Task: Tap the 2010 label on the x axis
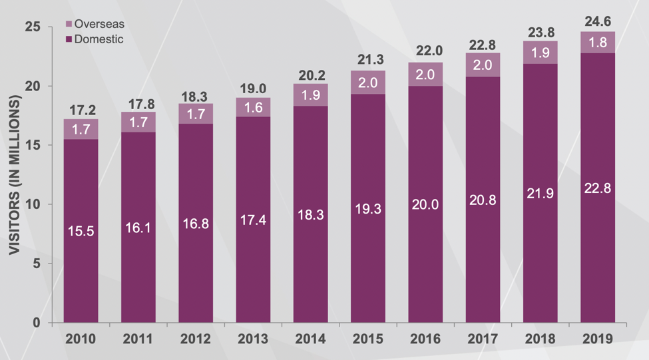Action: [x=81, y=339]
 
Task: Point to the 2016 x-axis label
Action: [x=425, y=339]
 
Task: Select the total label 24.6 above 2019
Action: [x=597, y=21]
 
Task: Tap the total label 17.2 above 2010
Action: [x=81, y=108]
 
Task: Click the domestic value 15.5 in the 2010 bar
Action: [x=81, y=232]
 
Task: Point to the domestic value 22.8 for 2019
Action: [x=597, y=188]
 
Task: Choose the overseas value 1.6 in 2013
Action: [x=253, y=108]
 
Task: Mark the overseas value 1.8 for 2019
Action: [x=597, y=43]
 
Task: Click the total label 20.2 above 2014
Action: [x=310, y=73]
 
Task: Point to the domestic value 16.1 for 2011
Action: [x=138, y=228]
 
